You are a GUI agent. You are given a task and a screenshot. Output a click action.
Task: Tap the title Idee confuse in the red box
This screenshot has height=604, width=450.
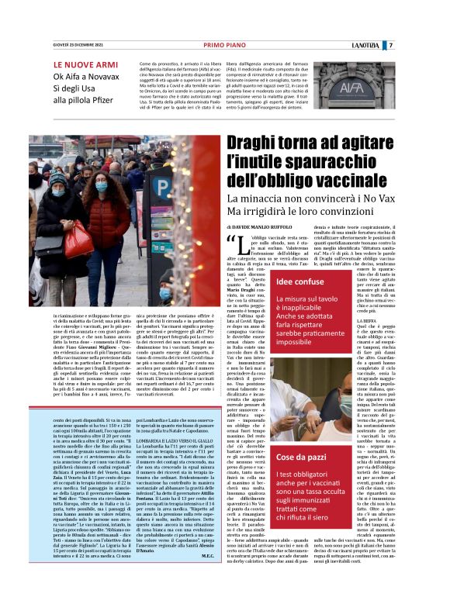298,282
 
